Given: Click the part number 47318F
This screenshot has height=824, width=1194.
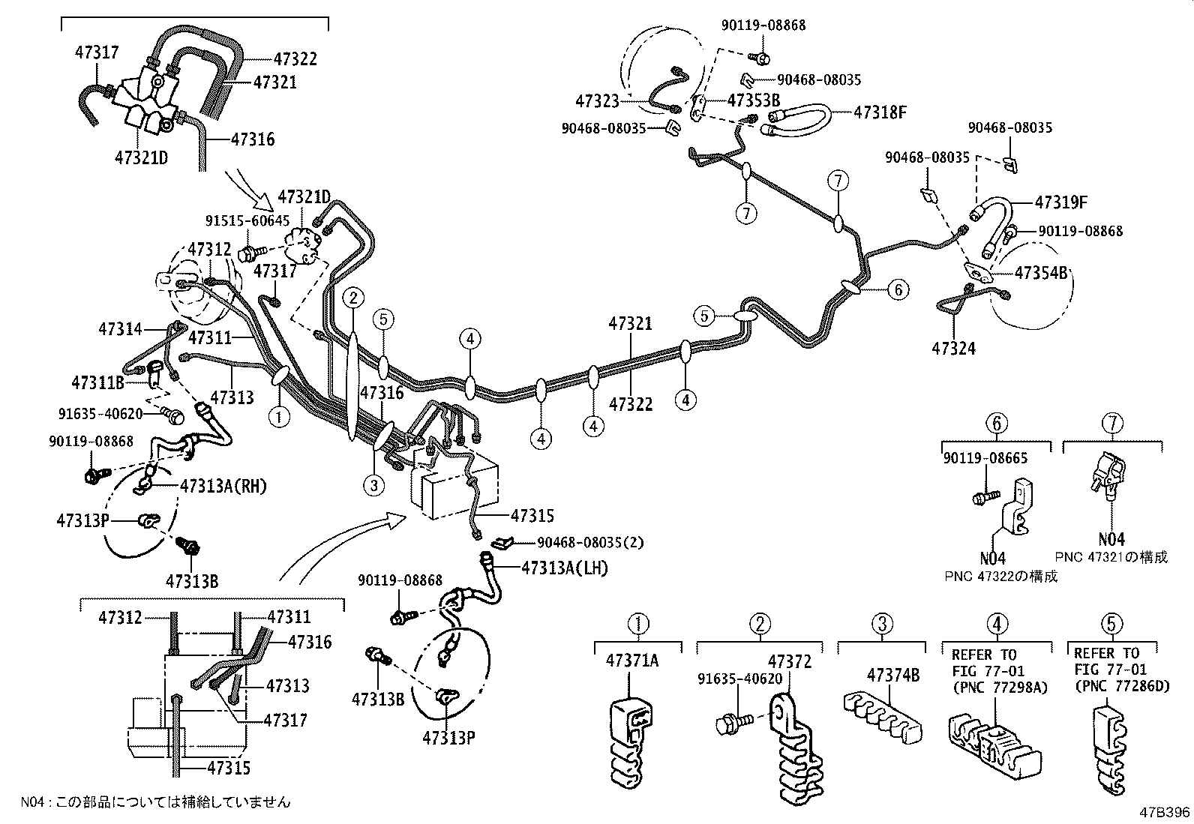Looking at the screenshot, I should [x=881, y=112].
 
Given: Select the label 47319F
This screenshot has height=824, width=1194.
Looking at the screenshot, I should [x=1061, y=202].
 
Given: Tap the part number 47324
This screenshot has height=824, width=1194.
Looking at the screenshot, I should [x=954, y=348].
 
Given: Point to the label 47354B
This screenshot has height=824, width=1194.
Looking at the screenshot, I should [x=1040, y=273].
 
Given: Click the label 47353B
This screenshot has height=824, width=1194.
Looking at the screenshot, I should [x=754, y=100].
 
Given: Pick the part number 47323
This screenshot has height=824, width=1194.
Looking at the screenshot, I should [x=597, y=100].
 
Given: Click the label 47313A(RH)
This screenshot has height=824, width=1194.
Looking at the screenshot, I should [x=223, y=486].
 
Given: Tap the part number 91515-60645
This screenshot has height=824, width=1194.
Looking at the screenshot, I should [x=247, y=220].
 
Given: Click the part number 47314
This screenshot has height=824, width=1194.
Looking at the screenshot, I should [x=120, y=328].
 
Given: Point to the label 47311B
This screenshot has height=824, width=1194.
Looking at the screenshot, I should [x=97, y=382].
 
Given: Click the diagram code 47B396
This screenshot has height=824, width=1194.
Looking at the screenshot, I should [x=1165, y=812].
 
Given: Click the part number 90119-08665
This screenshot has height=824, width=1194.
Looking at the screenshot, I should [x=985, y=458].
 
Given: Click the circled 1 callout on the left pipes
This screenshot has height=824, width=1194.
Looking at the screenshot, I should [x=279, y=416].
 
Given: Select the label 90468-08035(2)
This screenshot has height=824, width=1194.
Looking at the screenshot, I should [x=589, y=542].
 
